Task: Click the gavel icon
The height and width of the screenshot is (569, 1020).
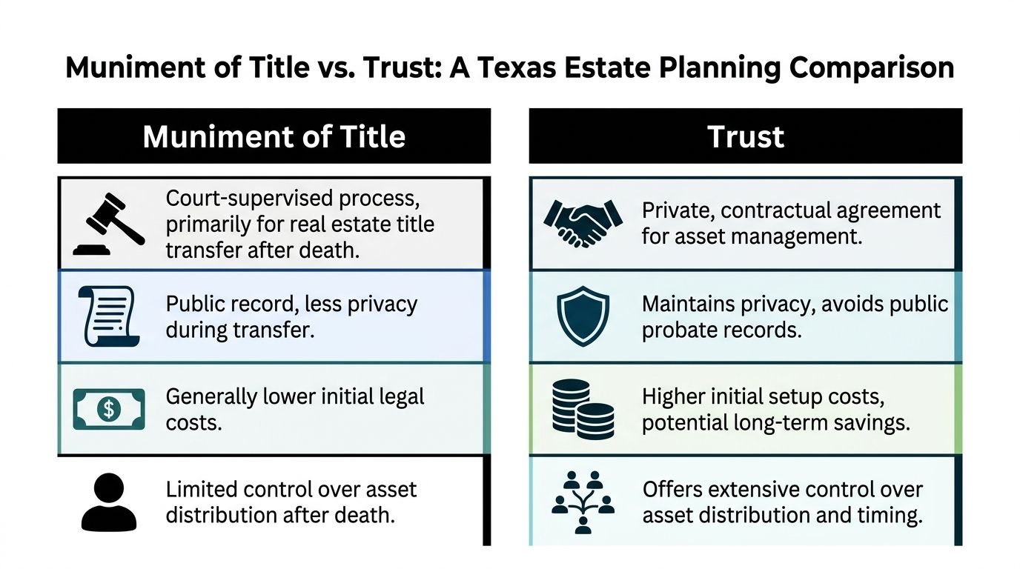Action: click(109, 223)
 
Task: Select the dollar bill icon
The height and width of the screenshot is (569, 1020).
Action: click(108, 408)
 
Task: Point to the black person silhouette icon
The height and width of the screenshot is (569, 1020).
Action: click(109, 502)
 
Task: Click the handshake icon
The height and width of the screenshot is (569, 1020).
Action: click(583, 222)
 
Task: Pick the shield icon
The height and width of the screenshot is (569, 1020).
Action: click(583, 316)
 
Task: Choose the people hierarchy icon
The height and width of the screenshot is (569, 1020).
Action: click(583, 502)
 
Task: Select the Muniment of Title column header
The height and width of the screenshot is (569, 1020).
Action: click(274, 136)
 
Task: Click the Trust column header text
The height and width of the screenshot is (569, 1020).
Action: click(745, 136)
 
